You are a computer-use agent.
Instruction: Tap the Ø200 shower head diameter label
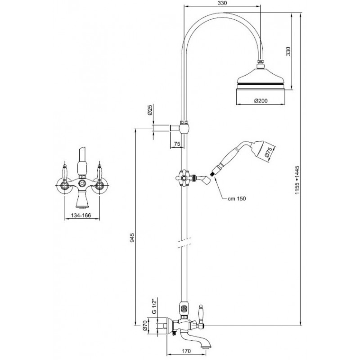coord(261,100)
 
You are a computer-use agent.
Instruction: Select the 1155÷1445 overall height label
coord(297,180)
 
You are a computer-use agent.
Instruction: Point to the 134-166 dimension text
coord(81,216)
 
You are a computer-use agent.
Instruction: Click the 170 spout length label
coord(186,351)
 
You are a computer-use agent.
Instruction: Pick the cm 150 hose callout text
coord(237,198)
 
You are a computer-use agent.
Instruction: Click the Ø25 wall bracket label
coord(150,110)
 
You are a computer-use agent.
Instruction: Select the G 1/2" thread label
coord(154,306)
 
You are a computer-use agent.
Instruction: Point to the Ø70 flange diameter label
coord(144,326)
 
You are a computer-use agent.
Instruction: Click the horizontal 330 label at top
coord(222,3)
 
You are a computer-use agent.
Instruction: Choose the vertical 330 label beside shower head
coord(288,51)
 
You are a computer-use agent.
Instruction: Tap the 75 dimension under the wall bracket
coord(177,144)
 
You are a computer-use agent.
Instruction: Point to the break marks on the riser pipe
coord(184,243)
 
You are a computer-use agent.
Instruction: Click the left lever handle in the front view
coord(65,172)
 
